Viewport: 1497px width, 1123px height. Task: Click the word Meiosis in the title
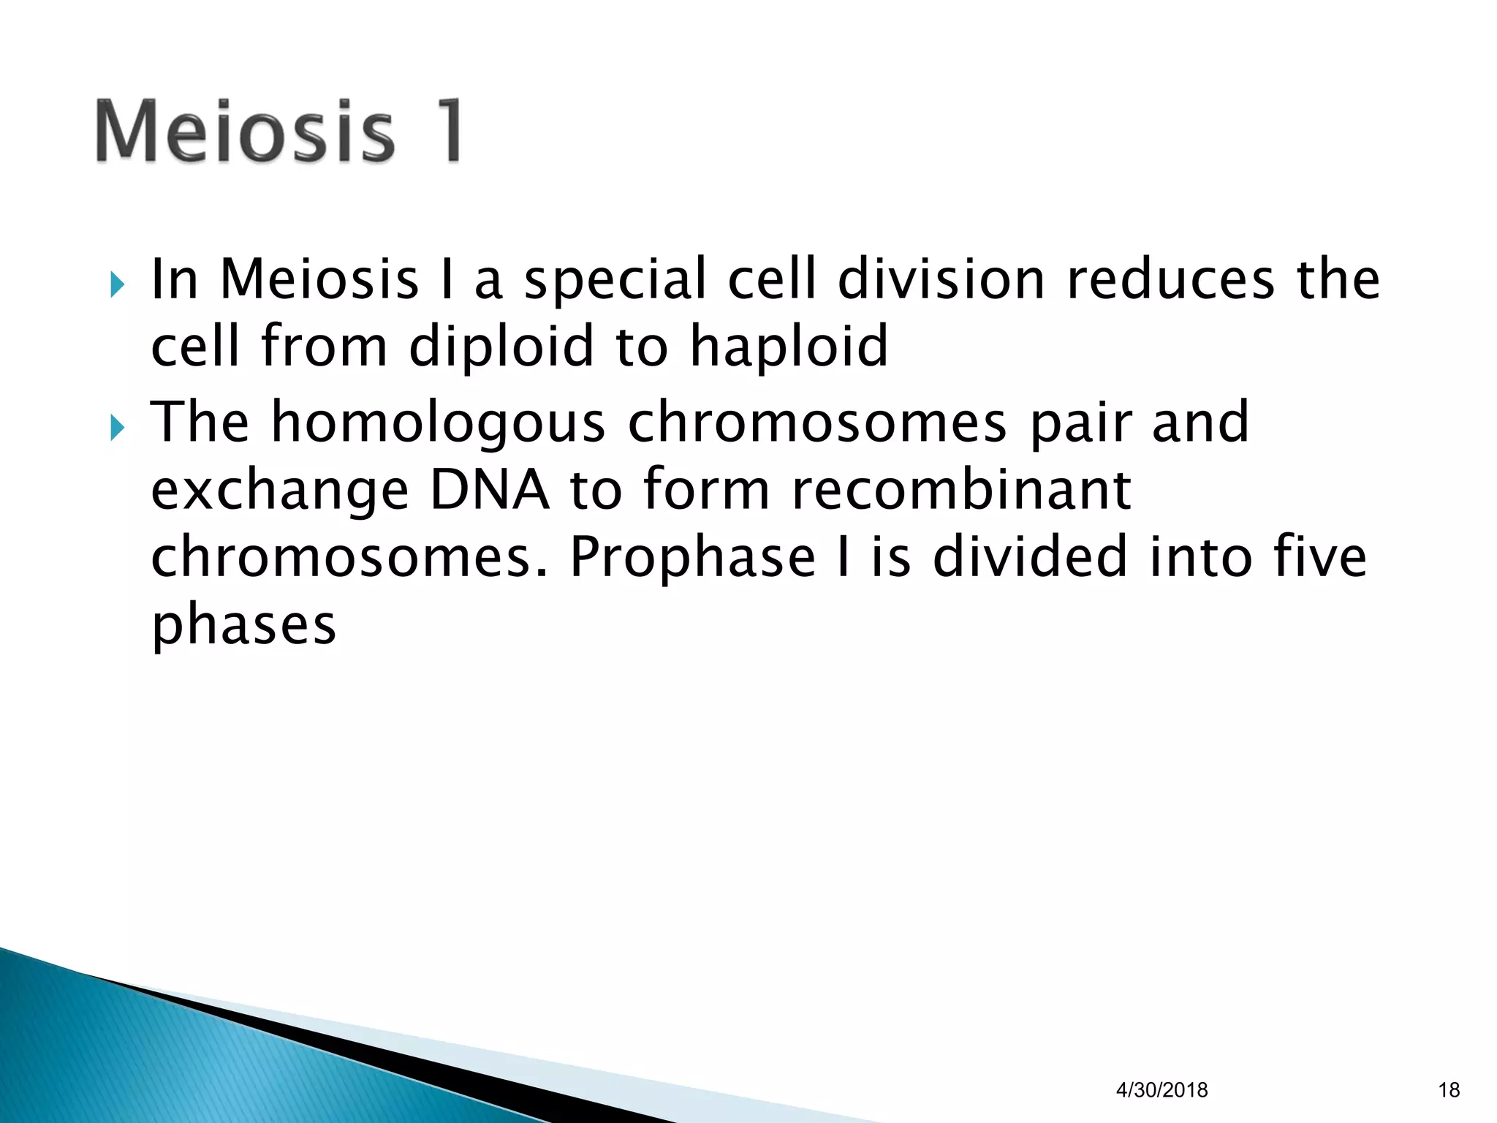coord(245,132)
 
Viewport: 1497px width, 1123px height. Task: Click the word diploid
coord(501,347)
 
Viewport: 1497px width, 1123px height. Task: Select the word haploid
coord(789,347)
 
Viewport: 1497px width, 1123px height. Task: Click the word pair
coord(1080,424)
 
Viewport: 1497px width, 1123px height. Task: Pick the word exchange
coord(279,491)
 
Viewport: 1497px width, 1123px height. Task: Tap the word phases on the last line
coord(243,626)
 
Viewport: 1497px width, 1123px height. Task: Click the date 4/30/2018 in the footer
coord(1161,1090)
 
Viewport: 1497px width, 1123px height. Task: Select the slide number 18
coord(1448,1090)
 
